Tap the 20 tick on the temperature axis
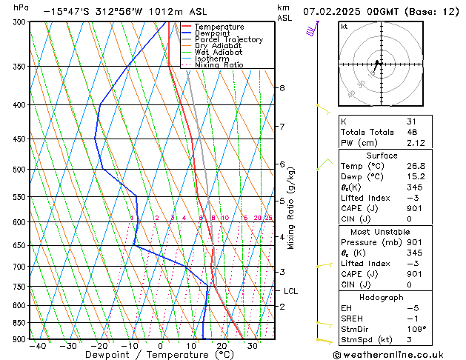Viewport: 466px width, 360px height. [x=222, y=346]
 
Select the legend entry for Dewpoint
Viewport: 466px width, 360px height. [x=213, y=33]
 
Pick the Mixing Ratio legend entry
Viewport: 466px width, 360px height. [x=219, y=65]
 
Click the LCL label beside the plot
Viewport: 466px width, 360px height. [x=290, y=291]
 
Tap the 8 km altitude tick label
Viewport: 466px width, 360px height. [x=282, y=88]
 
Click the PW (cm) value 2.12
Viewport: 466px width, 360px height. [x=415, y=144]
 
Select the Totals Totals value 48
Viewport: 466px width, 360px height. [x=412, y=132]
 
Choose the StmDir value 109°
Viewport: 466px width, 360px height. [x=416, y=329]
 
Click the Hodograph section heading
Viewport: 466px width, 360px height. [x=382, y=297]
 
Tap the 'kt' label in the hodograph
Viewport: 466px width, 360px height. [x=344, y=27]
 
